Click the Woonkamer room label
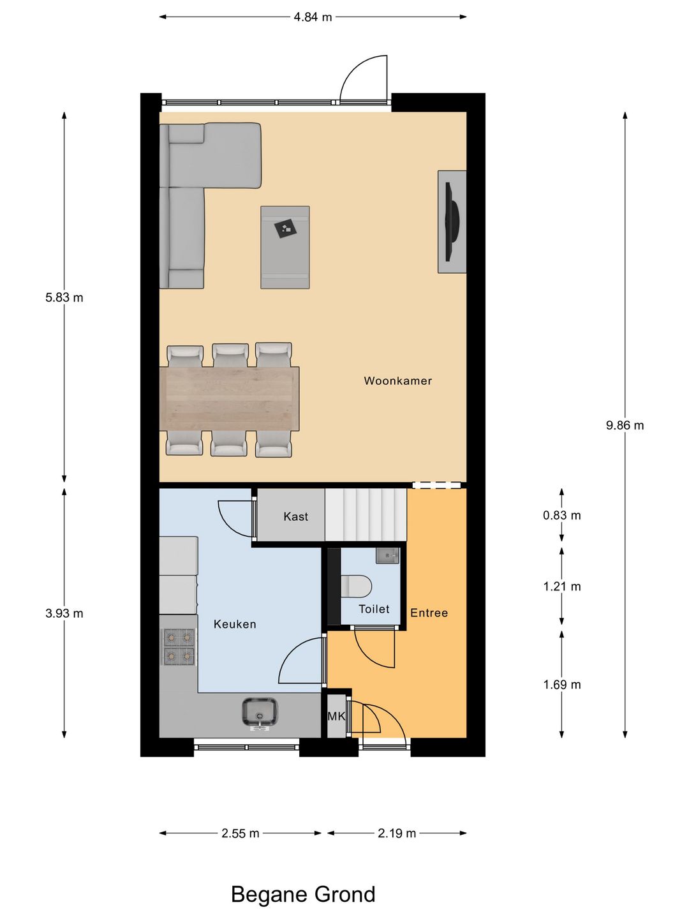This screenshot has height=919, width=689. click(397, 381)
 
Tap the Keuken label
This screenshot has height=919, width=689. click(235, 624)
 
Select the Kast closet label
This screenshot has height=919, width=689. click(295, 516)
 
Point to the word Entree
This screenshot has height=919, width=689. click(429, 613)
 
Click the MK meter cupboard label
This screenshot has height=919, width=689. click(336, 716)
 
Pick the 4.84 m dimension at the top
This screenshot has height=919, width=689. click(313, 17)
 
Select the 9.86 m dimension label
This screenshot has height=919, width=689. click(625, 425)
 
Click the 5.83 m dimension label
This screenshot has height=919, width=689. click(64, 297)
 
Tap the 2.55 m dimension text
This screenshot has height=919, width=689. click(240, 833)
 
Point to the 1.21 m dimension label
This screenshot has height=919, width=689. click(561, 587)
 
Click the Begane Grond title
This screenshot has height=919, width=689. click(303, 894)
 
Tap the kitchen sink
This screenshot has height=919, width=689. click(260, 713)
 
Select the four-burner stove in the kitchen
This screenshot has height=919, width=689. click(179, 646)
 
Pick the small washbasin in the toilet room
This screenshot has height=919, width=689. click(387, 555)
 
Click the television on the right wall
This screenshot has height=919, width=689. click(452, 221)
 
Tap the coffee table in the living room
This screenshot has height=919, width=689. click(285, 247)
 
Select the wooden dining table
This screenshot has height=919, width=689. click(229, 398)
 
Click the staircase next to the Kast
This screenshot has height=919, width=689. click(366, 515)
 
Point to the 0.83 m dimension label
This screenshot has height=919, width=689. click(561, 515)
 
